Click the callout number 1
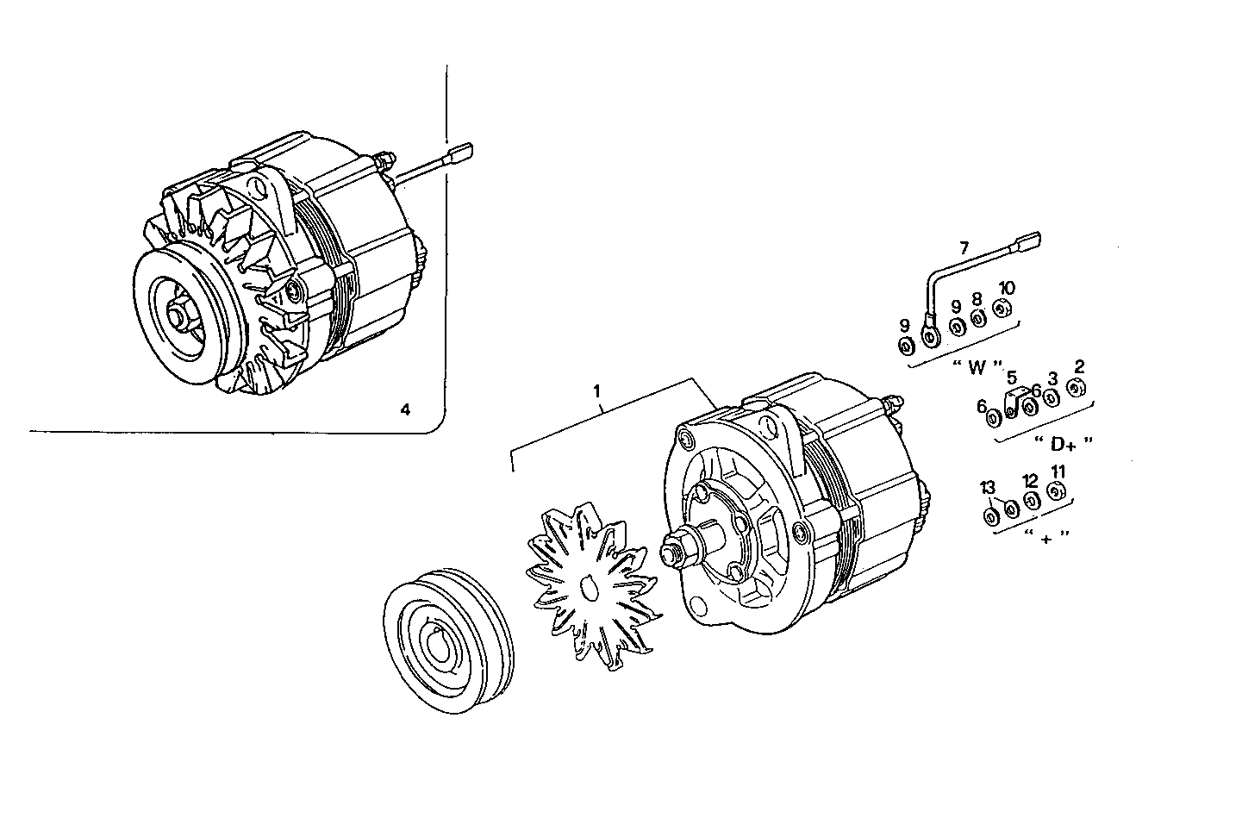[597, 393]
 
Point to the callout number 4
[405, 409]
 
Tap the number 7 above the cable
[964, 247]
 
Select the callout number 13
[988, 490]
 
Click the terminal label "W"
[977, 367]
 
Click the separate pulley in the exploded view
[447, 640]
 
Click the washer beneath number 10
[1001, 309]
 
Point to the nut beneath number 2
[1075, 388]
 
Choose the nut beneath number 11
[1056, 492]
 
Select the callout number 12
[1030, 480]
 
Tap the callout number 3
[1052, 377]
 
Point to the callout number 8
[977, 298]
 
